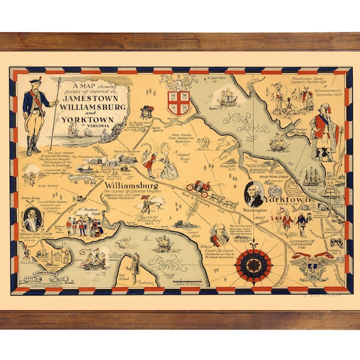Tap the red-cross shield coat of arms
click(178, 100)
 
